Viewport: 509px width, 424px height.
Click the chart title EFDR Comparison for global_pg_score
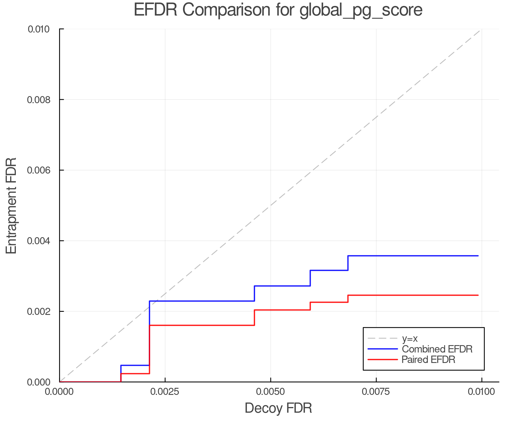278,10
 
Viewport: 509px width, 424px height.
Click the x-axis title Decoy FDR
278,408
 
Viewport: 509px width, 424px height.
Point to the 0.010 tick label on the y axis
38,29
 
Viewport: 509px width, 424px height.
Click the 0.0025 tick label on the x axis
165,392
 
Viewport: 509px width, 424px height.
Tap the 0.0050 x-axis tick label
271,392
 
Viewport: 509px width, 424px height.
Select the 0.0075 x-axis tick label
376,392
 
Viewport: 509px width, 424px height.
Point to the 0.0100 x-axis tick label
482,392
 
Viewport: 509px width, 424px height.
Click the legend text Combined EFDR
437,349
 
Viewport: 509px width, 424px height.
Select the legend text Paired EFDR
428,360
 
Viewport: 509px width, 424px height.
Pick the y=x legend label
410,338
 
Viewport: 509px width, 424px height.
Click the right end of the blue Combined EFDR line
478,256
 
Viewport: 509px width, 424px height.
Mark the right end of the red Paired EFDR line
478,295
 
